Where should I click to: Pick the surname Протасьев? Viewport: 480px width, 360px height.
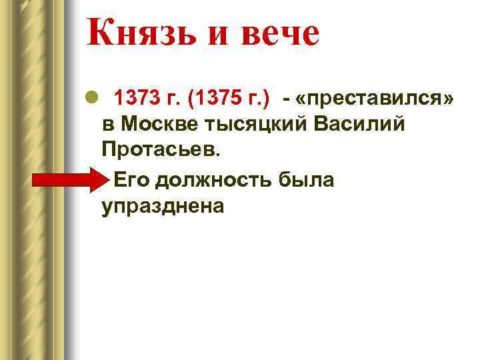point(160,151)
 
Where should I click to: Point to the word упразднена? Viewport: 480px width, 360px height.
point(163,207)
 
